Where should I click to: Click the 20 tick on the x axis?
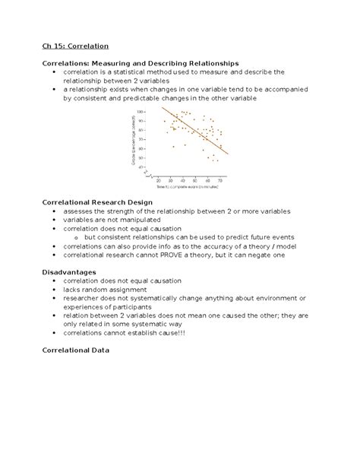click(159, 180)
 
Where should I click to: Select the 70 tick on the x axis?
click(220, 180)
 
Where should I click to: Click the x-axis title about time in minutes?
click(189, 186)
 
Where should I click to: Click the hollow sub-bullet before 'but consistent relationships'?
click(77, 238)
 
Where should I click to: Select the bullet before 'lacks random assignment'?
click(54, 289)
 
